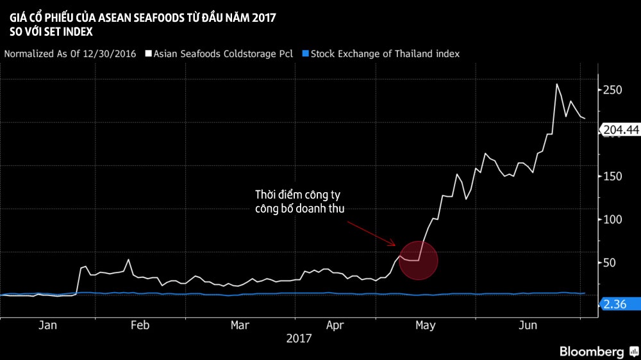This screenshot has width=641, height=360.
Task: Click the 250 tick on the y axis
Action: tap(613, 90)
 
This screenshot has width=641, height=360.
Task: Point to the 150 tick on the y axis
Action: tap(613, 176)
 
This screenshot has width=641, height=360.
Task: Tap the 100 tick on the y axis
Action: tap(613, 219)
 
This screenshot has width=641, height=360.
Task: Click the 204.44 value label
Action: tap(621, 130)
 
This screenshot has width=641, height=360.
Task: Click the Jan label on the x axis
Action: tap(47, 325)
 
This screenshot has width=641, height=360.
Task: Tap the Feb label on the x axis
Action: tap(140, 325)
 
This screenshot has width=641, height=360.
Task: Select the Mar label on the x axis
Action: tap(240, 325)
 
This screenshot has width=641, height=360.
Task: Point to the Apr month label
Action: tap(335, 325)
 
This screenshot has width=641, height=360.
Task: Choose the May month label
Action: tap(425, 325)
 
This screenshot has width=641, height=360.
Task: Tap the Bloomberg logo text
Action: tap(592, 351)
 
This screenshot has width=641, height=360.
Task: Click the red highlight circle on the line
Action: tap(418, 261)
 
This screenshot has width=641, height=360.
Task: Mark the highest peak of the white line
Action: tap(556, 84)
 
